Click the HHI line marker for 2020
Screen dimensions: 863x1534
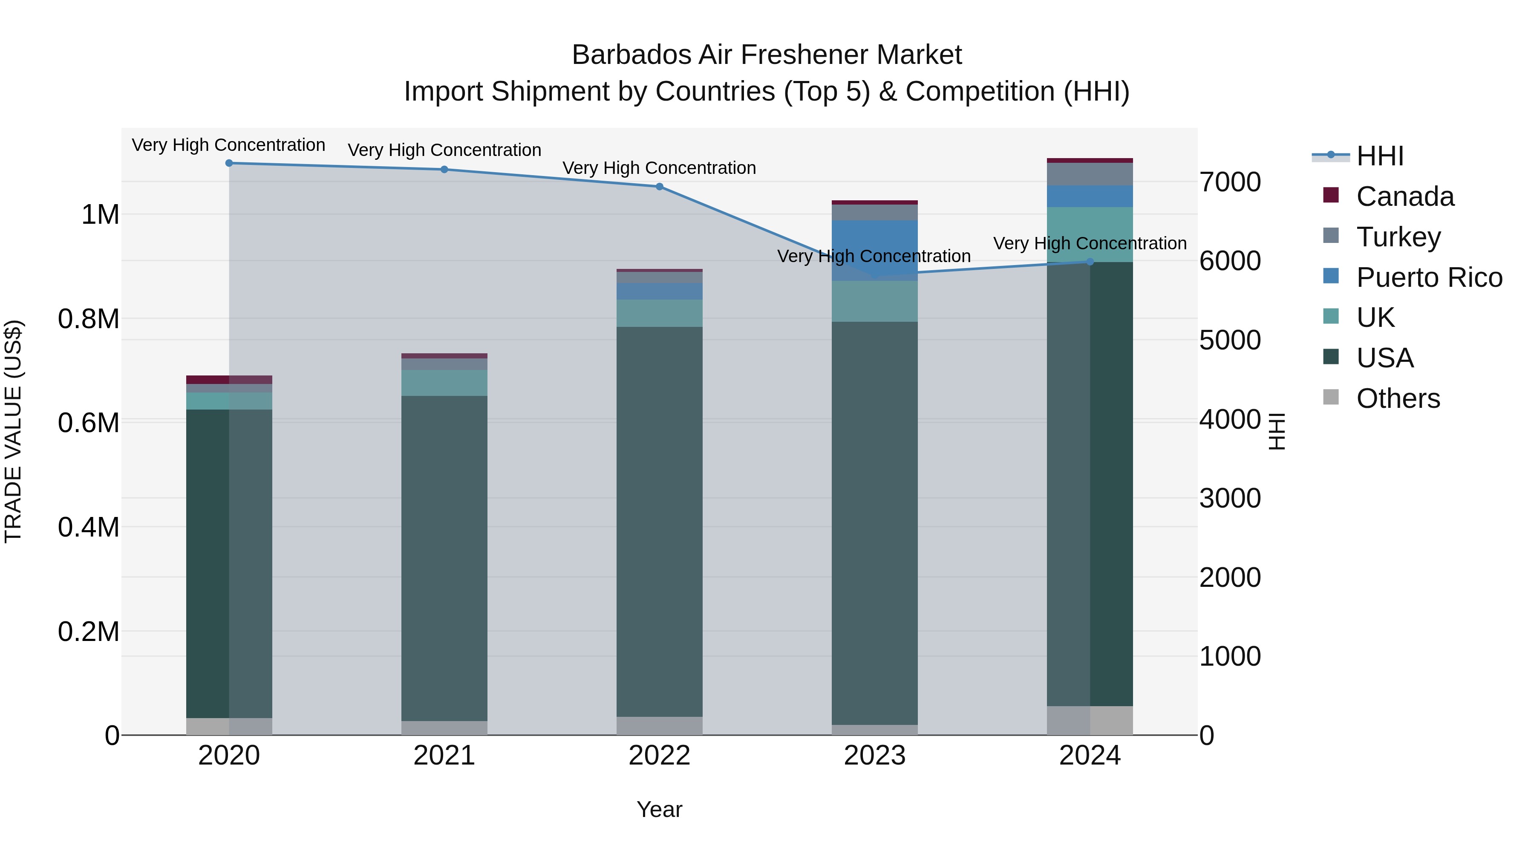coord(229,163)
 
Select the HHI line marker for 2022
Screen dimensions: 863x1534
coord(659,186)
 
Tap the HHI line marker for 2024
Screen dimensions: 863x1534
coord(1090,262)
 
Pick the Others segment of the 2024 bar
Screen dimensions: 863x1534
coord(1090,720)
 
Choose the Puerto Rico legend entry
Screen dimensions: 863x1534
coord(1429,277)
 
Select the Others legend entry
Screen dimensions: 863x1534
coord(1397,398)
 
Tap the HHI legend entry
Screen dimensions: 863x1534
coord(1379,156)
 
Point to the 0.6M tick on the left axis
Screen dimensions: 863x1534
coord(88,423)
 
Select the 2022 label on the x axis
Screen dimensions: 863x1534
coord(659,756)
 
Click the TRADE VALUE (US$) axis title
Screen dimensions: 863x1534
coord(14,431)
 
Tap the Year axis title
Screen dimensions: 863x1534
coord(659,809)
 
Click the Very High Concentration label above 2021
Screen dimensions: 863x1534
coord(444,150)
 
